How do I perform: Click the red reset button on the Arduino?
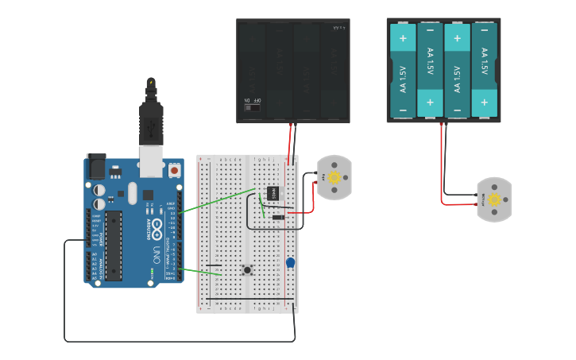point(174,169)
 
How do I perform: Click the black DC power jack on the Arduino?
point(95,166)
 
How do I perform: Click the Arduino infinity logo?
point(157,230)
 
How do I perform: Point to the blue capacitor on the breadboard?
point(291,262)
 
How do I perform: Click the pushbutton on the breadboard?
point(247,270)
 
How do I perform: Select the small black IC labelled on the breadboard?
point(272,192)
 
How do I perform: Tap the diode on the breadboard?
point(277,217)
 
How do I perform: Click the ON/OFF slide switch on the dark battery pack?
point(252,107)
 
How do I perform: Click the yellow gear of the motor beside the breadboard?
point(334,177)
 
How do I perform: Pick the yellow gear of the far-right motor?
point(494,199)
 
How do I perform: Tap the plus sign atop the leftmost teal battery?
point(403,37)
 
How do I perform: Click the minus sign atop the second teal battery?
point(430,37)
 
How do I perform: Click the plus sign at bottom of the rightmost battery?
point(484,103)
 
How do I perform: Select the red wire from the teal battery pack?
point(442,167)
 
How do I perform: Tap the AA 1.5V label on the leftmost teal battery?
point(403,77)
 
